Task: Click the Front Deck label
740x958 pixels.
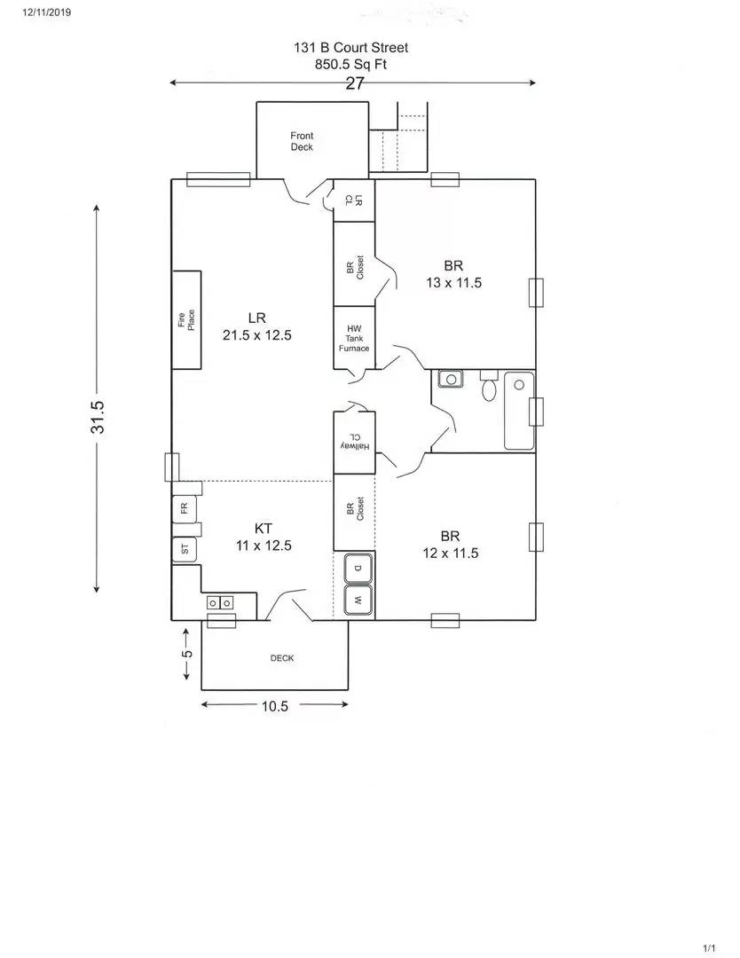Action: pyautogui.click(x=302, y=141)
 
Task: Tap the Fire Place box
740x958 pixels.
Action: pyautogui.click(x=186, y=320)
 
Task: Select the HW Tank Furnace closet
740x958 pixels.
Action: pyautogui.click(x=354, y=338)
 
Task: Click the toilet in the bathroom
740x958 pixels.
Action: pyautogui.click(x=489, y=386)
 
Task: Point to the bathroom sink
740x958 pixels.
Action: pyautogui.click(x=451, y=380)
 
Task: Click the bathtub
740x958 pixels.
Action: pyautogui.click(x=519, y=411)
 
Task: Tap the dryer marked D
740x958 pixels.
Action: pyautogui.click(x=358, y=569)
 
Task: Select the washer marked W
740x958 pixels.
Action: pyautogui.click(x=358, y=601)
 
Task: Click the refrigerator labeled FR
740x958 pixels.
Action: pyautogui.click(x=185, y=507)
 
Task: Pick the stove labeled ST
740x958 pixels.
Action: pyautogui.click(x=185, y=550)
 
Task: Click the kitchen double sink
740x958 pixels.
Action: pyautogui.click(x=220, y=603)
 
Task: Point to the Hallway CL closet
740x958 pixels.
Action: pyautogui.click(x=354, y=443)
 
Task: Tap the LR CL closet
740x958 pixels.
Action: pyautogui.click(x=354, y=200)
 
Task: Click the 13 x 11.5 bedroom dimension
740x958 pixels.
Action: pyautogui.click(x=454, y=283)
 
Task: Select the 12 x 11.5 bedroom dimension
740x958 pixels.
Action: pyautogui.click(x=451, y=553)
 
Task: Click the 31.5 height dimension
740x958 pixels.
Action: pyautogui.click(x=98, y=417)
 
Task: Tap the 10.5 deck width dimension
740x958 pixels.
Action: pyautogui.click(x=275, y=706)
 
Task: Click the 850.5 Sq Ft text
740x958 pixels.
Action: pyautogui.click(x=350, y=64)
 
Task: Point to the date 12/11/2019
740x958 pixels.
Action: pyautogui.click(x=46, y=12)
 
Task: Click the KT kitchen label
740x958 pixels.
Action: pyautogui.click(x=264, y=529)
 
